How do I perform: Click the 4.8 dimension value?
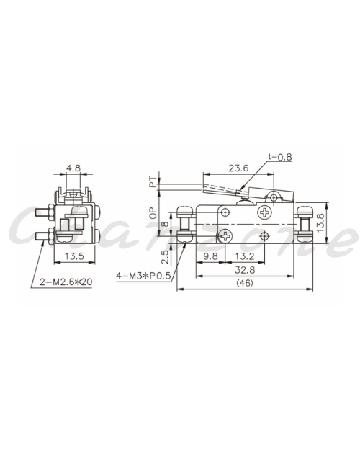pos(73,168)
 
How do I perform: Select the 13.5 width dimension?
pos(74,256)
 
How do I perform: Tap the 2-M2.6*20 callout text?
pos(66,282)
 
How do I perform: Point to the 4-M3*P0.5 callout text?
pos(143,276)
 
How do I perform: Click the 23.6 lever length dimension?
pos(238,168)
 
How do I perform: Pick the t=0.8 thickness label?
pos(280,157)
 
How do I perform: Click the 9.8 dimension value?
pos(211,256)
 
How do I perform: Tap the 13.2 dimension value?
pos(245,256)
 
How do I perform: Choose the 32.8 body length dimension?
pos(245,270)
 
